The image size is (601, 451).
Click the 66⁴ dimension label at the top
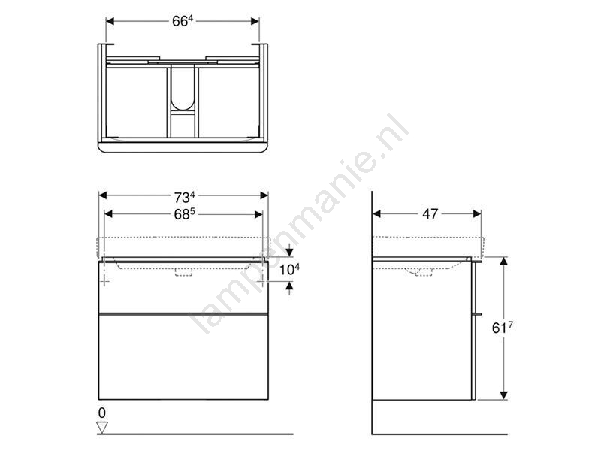click(x=182, y=21)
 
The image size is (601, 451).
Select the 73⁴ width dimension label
click(x=184, y=197)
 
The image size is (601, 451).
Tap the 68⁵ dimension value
click(x=184, y=214)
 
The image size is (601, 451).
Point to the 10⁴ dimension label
click(x=289, y=269)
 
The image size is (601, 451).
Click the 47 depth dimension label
click(x=430, y=214)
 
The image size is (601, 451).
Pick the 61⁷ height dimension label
click(x=502, y=328)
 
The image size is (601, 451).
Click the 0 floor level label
click(x=102, y=413)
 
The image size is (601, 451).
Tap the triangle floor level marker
click(x=102, y=428)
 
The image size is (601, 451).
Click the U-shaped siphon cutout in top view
click(x=183, y=87)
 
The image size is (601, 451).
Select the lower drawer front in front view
click(x=183, y=356)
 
